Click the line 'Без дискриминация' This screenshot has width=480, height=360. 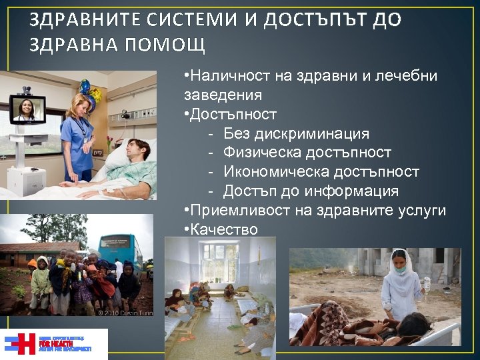(306, 134)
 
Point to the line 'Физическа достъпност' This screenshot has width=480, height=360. (307, 153)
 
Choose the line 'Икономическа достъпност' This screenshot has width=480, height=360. (321, 172)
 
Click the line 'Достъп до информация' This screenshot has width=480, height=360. (311, 191)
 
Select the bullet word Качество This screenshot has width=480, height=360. (224, 229)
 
